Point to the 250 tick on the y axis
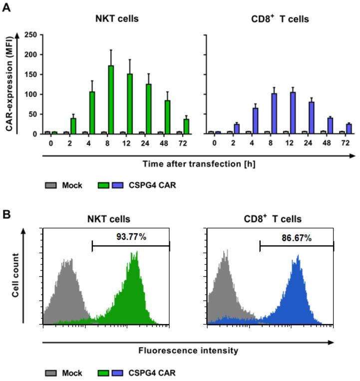click(x=32, y=35)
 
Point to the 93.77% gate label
click(x=132, y=237)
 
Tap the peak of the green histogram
click(x=133, y=254)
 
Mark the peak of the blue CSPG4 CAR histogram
click(x=298, y=257)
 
